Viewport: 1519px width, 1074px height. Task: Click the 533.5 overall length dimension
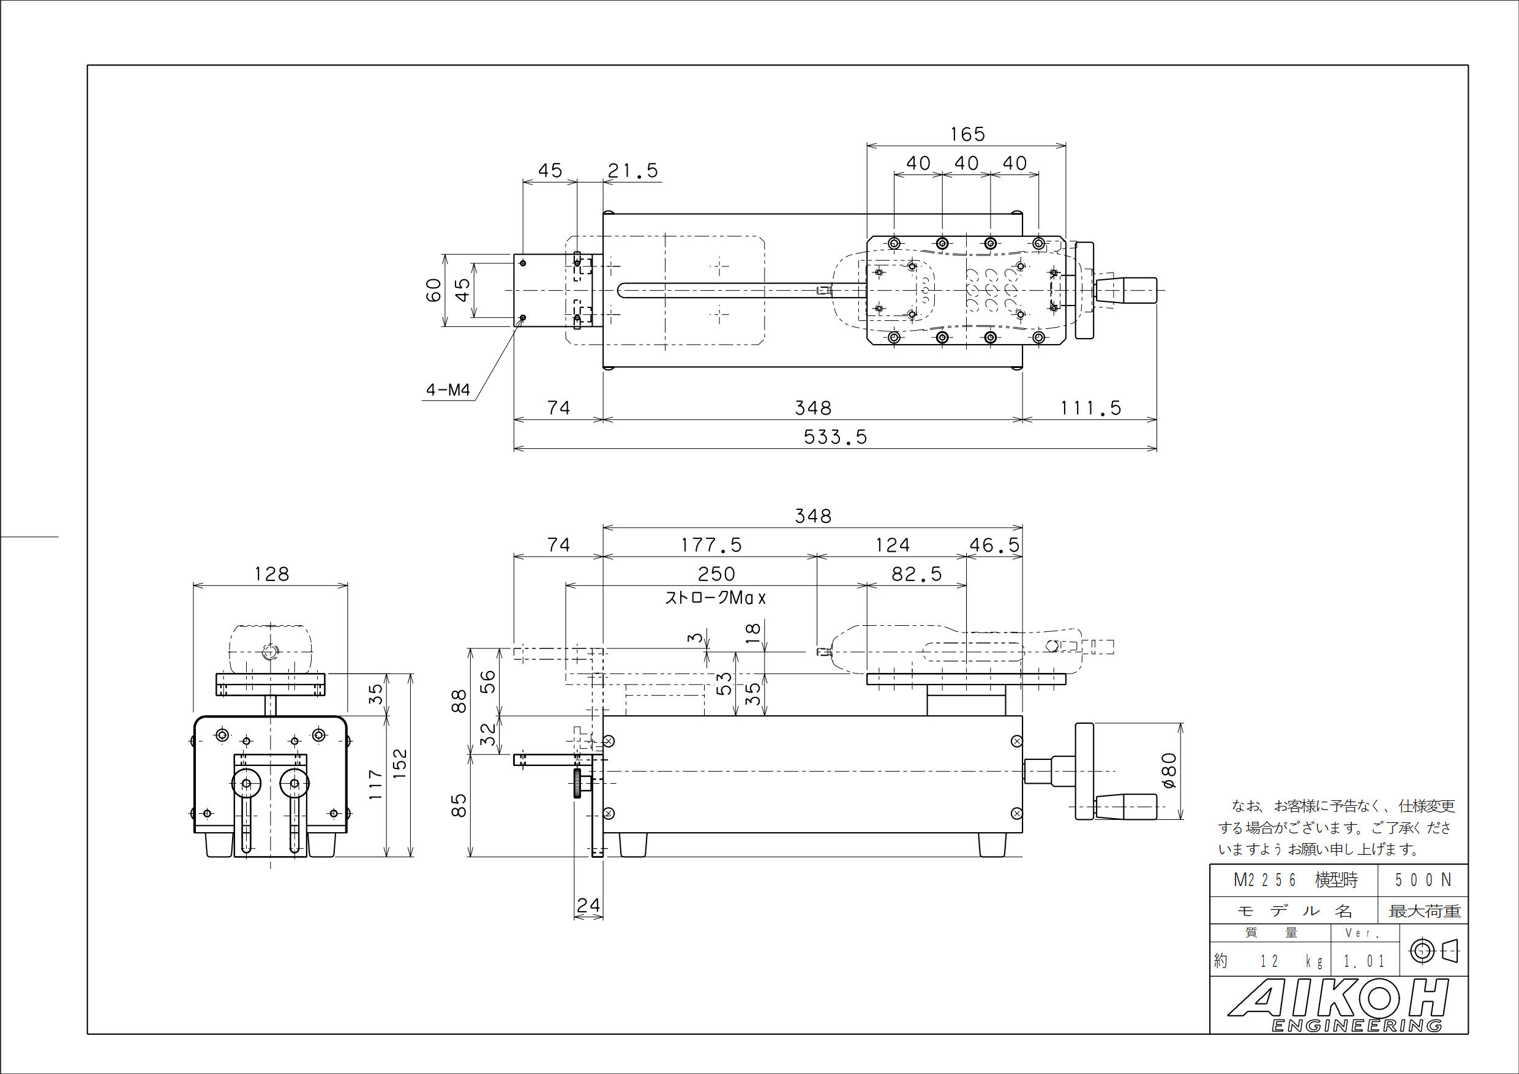click(x=835, y=437)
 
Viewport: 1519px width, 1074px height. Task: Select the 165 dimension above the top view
click(x=967, y=134)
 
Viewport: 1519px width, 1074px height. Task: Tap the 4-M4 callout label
click(x=448, y=390)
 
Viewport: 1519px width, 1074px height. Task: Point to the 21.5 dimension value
click(x=632, y=171)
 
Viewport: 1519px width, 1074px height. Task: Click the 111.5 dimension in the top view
click(x=1090, y=408)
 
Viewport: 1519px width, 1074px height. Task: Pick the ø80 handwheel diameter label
click(x=1169, y=771)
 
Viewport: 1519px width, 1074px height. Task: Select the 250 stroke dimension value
click(x=716, y=574)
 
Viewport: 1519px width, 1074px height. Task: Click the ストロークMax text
click(x=715, y=598)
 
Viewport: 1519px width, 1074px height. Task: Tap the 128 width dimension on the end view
click(x=271, y=574)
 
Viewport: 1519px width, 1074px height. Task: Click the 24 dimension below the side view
click(x=588, y=905)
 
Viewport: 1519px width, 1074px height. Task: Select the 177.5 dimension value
click(x=711, y=546)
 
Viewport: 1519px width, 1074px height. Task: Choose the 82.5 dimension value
click(x=917, y=574)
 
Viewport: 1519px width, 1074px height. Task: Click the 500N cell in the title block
click(x=1422, y=880)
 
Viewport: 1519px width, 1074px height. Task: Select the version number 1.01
click(x=1363, y=961)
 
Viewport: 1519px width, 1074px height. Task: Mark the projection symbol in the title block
click(x=1434, y=952)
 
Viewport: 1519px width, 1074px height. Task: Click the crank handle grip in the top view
click(x=1126, y=290)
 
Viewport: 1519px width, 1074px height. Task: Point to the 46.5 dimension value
click(x=994, y=546)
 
